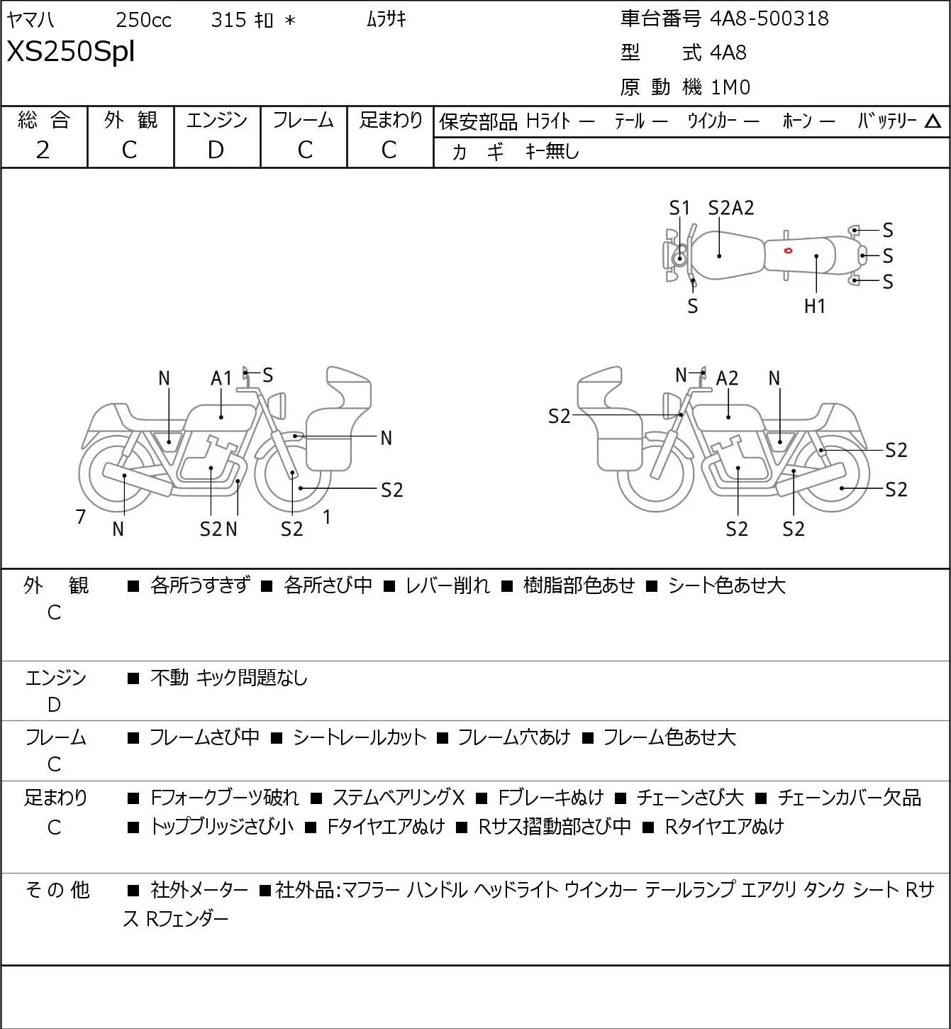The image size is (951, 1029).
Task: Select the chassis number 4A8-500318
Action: point(769,18)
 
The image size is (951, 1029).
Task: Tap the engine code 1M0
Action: point(730,87)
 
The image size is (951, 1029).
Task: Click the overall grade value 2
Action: point(43,150)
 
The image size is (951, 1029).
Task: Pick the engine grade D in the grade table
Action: point(216,150)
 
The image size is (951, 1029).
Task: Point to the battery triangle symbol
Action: point(933,121)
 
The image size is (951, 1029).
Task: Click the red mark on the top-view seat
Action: point(788,251)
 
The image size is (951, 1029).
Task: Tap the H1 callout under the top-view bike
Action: point(815,306)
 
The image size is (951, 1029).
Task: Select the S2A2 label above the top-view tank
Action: point(731,208)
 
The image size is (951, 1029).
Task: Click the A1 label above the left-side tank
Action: point(221,378)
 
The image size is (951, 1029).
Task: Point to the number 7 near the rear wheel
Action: point(80,517)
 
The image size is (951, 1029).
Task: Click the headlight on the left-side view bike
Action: point(277,405)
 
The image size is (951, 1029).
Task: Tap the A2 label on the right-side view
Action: point(727,378)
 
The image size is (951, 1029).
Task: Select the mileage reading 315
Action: point(228,20)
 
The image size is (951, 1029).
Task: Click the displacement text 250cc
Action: point(143,20)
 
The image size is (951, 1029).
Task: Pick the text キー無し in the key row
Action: point(552,151)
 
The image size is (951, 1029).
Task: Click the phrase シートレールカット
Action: point(360,737)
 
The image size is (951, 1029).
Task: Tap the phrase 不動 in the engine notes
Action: point(169,678)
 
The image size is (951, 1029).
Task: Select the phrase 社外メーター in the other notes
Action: point(199,890)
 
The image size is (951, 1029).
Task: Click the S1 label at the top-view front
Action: point(679,208)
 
